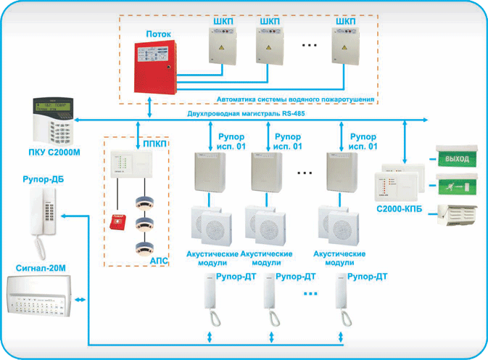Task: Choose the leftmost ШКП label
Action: [223, 22]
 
